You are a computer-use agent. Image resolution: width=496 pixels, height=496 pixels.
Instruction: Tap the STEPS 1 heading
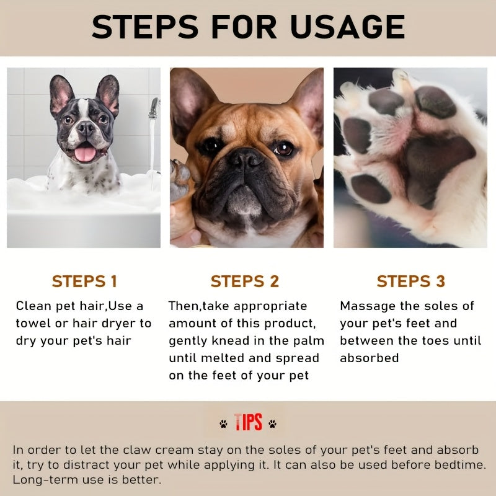click(84, 281)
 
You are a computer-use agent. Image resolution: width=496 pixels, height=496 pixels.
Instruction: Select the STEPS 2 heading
click(245, 281)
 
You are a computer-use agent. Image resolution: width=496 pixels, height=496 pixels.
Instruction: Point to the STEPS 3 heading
click(410, 281)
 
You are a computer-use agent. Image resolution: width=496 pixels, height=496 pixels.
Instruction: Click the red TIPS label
click(248, 423)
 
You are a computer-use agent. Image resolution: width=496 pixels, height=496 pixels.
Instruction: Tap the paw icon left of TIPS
click(223, 424)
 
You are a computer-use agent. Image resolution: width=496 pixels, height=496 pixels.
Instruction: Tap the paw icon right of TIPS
click(272, 424)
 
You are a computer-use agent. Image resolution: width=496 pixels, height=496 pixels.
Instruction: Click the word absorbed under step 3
click(369, 358)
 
